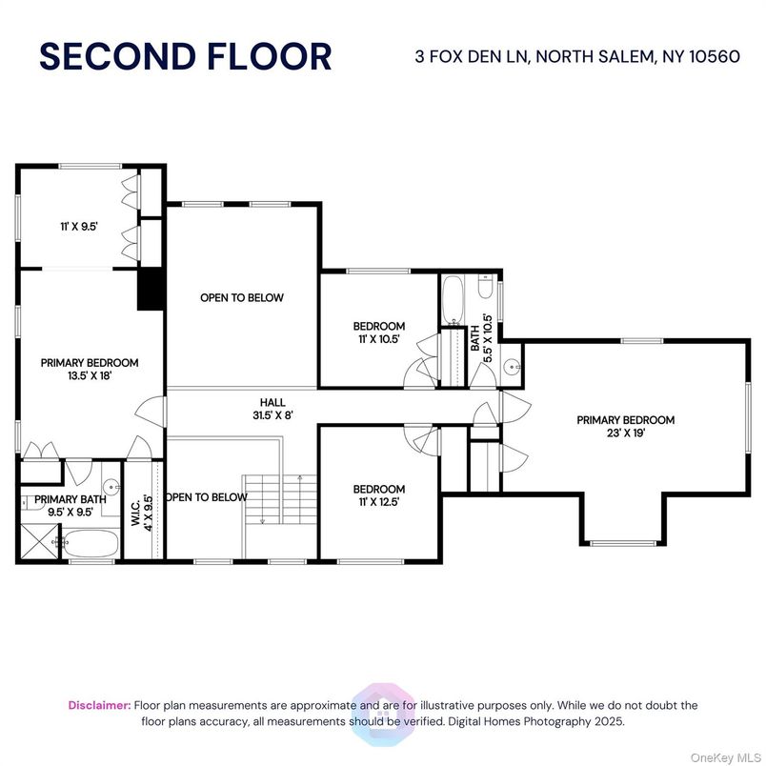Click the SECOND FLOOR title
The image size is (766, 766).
186,56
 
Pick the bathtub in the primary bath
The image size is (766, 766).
91,545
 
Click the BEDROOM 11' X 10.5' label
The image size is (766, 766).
378,332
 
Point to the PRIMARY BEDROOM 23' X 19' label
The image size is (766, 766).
626,426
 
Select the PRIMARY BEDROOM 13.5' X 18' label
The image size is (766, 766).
89,369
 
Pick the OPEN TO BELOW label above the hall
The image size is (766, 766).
241,298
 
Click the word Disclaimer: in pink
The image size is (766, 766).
99,705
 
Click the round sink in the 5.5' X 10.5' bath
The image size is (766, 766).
512,365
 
